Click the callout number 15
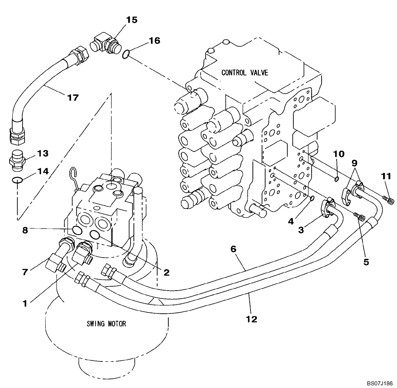point(132,20)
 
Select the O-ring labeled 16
point(125,54)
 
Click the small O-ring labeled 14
point(15,180)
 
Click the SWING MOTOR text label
point(106,324)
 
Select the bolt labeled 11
point(390,201)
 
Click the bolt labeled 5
point(360,217)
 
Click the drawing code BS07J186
point(380,382)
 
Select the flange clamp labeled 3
point(329,207)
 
